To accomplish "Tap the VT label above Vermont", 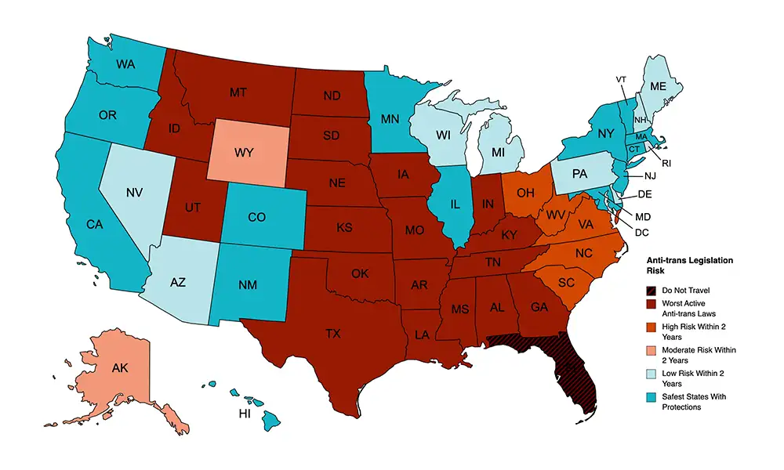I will (x=621, y=79).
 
